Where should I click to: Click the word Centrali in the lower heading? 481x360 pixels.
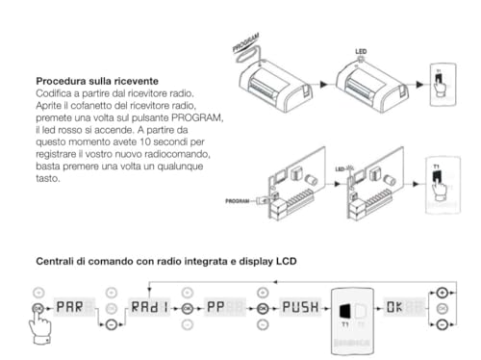coord(58,261)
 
